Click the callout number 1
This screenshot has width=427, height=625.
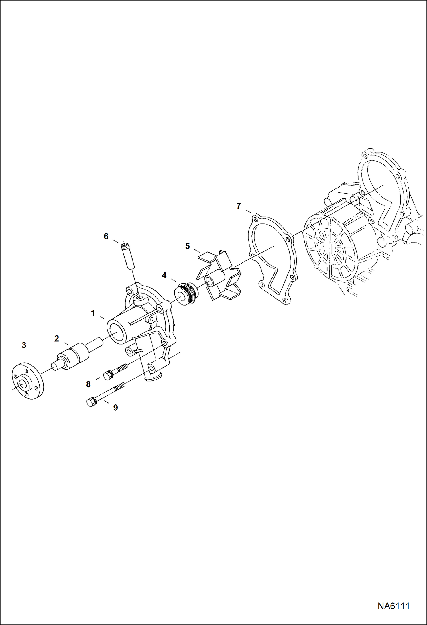tap(93, 313)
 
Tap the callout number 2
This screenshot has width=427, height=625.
tap(56, 339)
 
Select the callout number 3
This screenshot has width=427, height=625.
tap(24, 345)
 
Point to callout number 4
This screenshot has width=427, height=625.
tap(164, 275)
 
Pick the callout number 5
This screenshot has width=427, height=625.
tap(187, 246)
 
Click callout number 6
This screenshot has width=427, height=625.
tap(106, 236)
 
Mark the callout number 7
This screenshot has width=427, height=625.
tap(239, 206)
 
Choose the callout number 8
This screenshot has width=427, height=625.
tap(88, 384)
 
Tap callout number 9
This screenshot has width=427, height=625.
tap(115, 408)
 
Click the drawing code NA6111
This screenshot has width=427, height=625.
tap(394, 606)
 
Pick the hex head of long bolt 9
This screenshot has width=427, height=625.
tap(91, 402)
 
